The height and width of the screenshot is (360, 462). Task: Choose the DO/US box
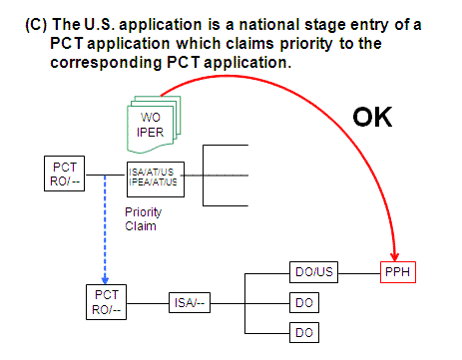point(305,271)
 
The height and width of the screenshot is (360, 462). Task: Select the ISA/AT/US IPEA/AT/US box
point(152,178)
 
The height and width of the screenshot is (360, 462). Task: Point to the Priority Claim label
point(145,218)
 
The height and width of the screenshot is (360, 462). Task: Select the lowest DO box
point(305,331)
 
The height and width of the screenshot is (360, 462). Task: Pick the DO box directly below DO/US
point(305,301)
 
